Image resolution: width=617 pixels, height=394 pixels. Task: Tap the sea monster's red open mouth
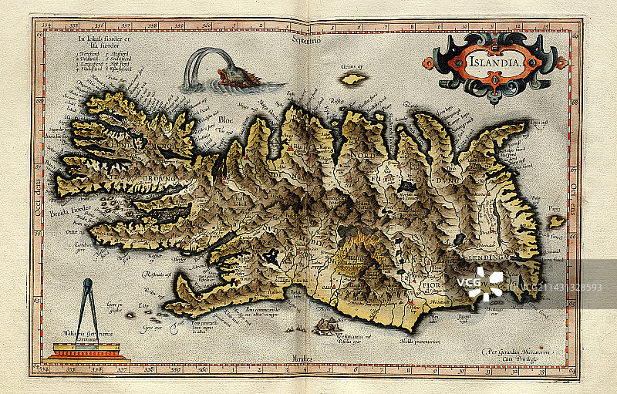pyautogui.click(x=224, y=75)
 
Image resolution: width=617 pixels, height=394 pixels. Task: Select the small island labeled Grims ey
pyautogui.click(x=353, y=79)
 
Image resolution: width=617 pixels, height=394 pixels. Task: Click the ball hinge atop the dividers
pyautogui.click(x=86, y=283)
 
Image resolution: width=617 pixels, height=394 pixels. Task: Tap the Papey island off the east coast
pyautogui.click(x=556, y=221)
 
